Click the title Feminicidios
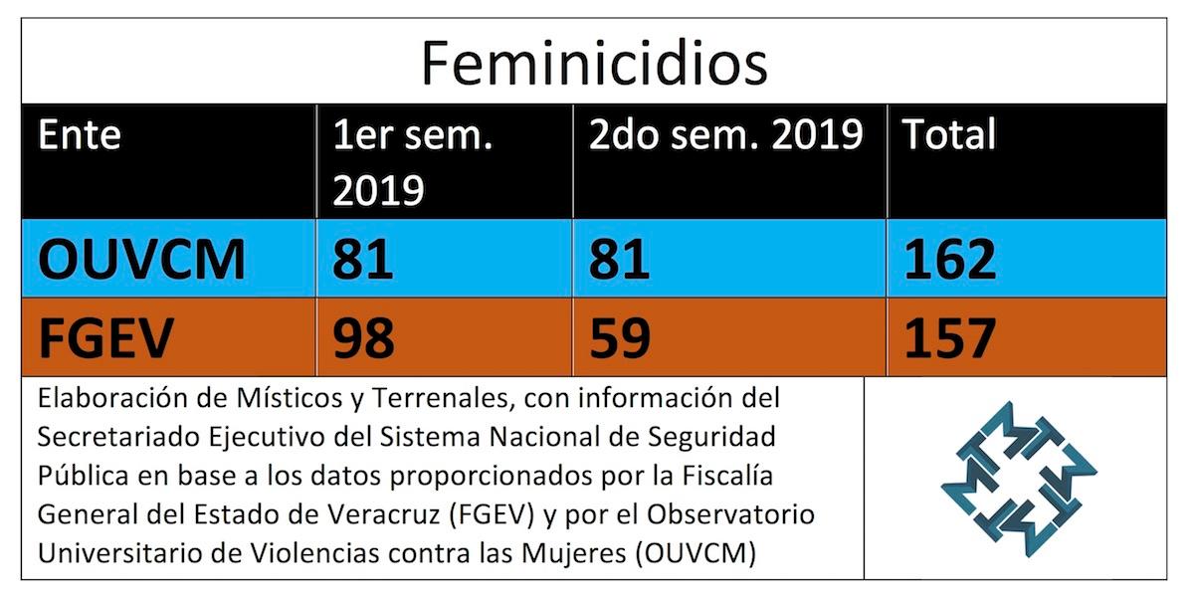594,62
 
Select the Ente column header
80,134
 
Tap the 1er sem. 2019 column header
413,161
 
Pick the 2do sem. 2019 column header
724,134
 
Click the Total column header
949,134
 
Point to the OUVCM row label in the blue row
141,260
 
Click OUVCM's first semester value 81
363,260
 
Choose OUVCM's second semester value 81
619,260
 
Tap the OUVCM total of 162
950,260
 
